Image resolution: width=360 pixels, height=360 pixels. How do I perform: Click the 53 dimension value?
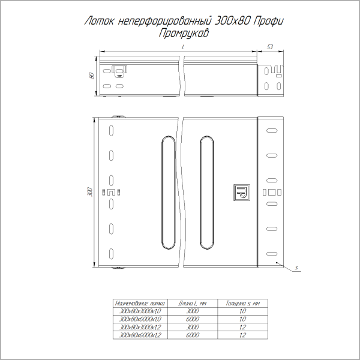click(x=270, y=46)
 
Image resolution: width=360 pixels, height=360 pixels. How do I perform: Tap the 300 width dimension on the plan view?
click(x=89, y=191)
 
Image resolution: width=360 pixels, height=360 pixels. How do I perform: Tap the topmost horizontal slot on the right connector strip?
click(x=273, y=130)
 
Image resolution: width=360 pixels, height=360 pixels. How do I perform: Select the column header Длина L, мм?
click(x=193, y=304)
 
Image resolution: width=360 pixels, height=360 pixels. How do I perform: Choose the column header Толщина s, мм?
click(x=243, y=304)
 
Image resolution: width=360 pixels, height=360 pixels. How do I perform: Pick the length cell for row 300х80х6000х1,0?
click(x=193, y=320)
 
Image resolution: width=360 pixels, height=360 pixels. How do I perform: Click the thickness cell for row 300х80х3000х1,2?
click(x=243, y=328)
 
